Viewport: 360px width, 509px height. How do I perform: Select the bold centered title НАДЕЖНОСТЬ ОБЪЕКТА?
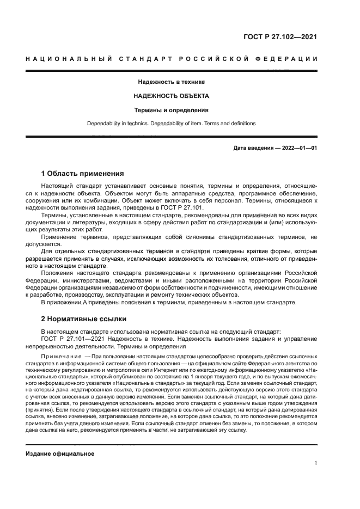pos(172,96)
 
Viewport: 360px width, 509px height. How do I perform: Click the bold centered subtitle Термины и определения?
pos(172,109)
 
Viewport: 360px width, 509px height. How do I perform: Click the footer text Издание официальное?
pos(60,453)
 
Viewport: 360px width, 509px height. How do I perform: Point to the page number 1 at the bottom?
pos(315,464)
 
